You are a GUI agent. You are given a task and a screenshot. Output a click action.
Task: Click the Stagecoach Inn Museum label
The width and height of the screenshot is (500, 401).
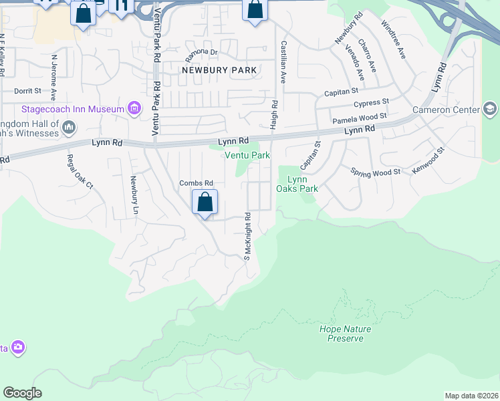click(73, 109)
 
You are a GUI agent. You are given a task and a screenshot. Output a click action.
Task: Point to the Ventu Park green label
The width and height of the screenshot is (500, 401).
click(247, 155)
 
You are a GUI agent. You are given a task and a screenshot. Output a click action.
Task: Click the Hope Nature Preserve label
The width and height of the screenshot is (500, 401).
click(345, 333)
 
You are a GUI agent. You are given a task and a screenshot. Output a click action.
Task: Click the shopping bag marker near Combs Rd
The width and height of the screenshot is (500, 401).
click(205, 202)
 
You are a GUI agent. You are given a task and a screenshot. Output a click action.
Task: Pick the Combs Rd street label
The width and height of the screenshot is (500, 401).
click(196, 183)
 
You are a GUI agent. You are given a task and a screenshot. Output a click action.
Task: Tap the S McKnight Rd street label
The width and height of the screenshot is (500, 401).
click(247, 237)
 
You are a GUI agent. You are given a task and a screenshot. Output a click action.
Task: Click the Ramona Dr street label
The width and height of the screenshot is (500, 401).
click(202, 52)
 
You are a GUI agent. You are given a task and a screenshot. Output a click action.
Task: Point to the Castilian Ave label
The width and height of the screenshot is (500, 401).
click(283, 61)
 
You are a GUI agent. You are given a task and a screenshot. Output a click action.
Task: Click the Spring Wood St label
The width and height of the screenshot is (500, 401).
click(375, 172)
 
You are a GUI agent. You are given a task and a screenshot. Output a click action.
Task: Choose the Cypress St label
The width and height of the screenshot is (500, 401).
click(372, 102)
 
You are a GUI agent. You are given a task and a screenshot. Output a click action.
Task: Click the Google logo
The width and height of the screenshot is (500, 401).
click(22, 393)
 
